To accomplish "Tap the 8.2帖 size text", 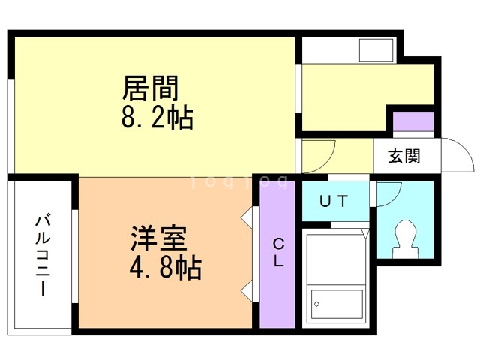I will coord(157,118).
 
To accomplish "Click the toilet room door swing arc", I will coord(391,193).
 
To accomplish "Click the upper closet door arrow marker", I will coord(245,217).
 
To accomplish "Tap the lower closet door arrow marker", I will coord(245,289).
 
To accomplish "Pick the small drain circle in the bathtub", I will coord(318,304).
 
